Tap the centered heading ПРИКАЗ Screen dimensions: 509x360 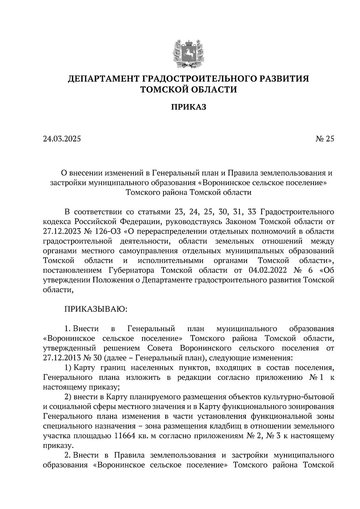[x=188, y=107]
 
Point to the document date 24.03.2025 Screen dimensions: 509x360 [x=62, y=139]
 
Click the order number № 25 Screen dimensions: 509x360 [x=325, y=139]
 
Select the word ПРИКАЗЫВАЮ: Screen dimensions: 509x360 [x=96, y=309]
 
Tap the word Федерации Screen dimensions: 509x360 [x=139, y=222]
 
